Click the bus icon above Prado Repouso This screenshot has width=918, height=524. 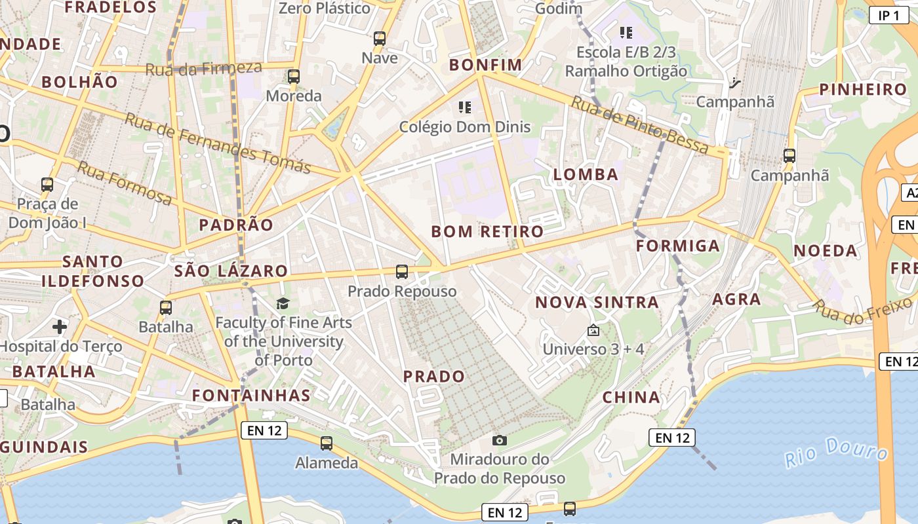(x=402, y=271)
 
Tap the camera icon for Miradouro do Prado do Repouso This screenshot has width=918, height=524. (x=500, y=440)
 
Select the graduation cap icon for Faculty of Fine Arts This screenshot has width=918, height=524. (x=283, y=303)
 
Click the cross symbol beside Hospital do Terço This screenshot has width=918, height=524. (x=60, y=326)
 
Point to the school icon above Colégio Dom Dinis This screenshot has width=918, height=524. (x=465, y=107)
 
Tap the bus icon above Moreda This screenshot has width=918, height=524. (x=294, y=77)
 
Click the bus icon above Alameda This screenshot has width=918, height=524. (x=327, y=443)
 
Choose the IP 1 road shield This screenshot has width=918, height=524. (x=888, y=15)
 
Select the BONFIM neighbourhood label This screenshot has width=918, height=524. (x=485, y=65)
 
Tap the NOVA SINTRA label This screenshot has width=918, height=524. (x=597, y=302)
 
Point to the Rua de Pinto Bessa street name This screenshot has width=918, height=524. (x=639, y=124)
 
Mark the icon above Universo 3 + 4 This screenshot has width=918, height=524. (x=593, y=330)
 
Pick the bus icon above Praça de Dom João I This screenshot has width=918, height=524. (x=47, y=185)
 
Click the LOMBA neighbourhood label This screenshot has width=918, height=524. (x=586, y=174)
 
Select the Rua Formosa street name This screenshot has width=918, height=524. (x=125, y=183)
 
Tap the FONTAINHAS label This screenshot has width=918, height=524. (x=251, y=395)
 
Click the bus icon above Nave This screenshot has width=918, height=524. (x=380, y=39)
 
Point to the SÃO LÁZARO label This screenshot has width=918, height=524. (x=231, y=271)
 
